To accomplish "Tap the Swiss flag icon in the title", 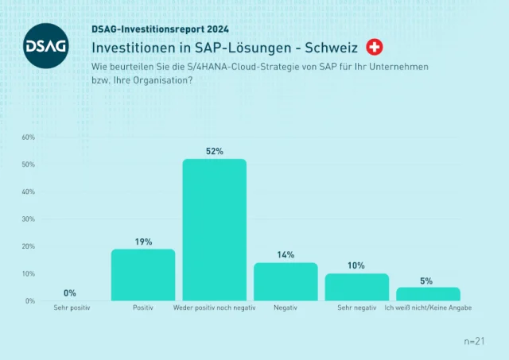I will tap(374, 47).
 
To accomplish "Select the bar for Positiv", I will tap(143, 275).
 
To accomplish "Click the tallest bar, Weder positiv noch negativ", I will tap(214, 230).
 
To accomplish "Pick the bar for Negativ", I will tap(286, 281).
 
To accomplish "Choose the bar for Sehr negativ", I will tap(357, 287).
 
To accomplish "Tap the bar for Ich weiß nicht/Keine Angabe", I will tap(428, 294).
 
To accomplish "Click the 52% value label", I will tap(214, 151).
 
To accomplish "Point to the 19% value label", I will tap(143, 242).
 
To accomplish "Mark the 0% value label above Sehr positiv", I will tap(70, 293).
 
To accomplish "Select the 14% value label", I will tap(286, 255).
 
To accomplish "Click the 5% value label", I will tap(426, 281).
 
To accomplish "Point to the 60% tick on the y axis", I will tap(28, 137).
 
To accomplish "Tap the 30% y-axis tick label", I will tap(28, 219).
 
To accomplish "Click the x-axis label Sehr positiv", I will tap(72, 307).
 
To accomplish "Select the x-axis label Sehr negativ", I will tap(356, 307).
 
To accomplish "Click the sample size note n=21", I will tap(474, 341).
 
